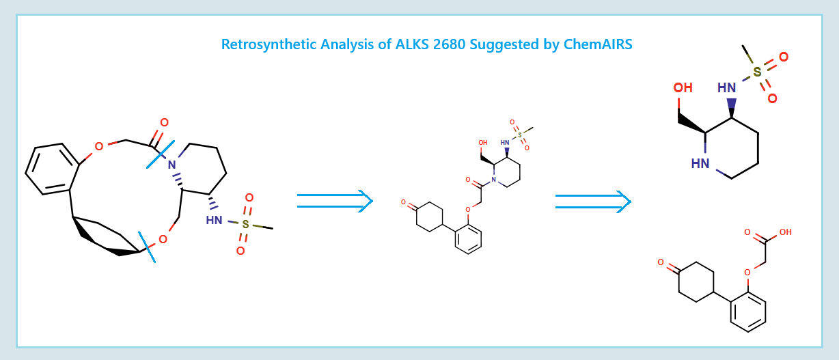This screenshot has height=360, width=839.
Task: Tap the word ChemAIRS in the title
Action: (x=599, y=45)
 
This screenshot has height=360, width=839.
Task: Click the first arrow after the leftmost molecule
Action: (x=335, y=201)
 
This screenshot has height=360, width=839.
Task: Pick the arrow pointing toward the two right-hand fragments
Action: (x=592, y=201)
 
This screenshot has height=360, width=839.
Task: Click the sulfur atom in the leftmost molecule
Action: (x=245, y=224)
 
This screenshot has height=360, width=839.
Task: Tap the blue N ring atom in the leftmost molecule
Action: (x=171, y=165)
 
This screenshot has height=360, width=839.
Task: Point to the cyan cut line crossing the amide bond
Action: (x=161, y=154)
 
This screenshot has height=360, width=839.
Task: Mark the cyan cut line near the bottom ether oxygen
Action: (x=146, y=247)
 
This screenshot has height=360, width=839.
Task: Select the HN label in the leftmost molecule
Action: (x=214, y=220)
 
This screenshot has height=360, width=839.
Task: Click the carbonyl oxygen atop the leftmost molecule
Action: (x=164, y=123)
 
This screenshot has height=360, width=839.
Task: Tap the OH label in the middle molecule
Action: (x=483, y=143)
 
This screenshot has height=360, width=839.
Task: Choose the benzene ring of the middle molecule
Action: (x=468, y=238)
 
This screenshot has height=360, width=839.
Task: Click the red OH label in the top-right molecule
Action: (x=683, y=88)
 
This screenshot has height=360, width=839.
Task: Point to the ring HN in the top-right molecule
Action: (x=700, y=163)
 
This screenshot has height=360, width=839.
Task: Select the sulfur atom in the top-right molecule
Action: (x=757, y=72)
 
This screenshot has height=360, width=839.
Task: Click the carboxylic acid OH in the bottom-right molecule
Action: (x=785, y=232)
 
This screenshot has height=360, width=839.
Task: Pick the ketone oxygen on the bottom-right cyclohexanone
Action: (x=661, y=262)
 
